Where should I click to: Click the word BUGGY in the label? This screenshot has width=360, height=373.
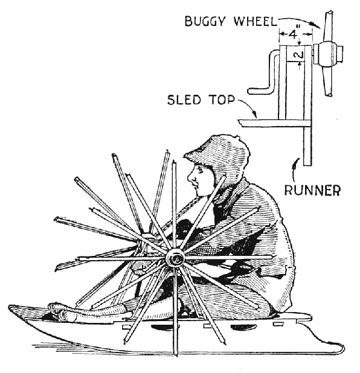pos(205,22)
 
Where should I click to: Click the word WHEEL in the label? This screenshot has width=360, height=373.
pos(255,21)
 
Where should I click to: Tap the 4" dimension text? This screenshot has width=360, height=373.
pos(294,34)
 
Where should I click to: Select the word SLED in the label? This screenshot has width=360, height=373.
pos(184,100)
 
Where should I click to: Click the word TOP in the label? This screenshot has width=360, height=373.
pos(222,100)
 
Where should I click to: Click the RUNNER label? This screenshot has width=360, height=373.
pos(313,190)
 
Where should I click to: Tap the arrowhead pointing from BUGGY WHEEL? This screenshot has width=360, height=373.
pos(316,24)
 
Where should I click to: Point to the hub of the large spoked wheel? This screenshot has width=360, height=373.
pos(175,258)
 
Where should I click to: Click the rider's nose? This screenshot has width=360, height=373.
pos(190,178)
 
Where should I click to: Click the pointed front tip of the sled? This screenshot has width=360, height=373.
pos(11,306)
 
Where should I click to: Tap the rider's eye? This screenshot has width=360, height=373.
pos(199,169)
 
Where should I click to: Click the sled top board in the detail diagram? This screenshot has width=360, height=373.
pos(274,123)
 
